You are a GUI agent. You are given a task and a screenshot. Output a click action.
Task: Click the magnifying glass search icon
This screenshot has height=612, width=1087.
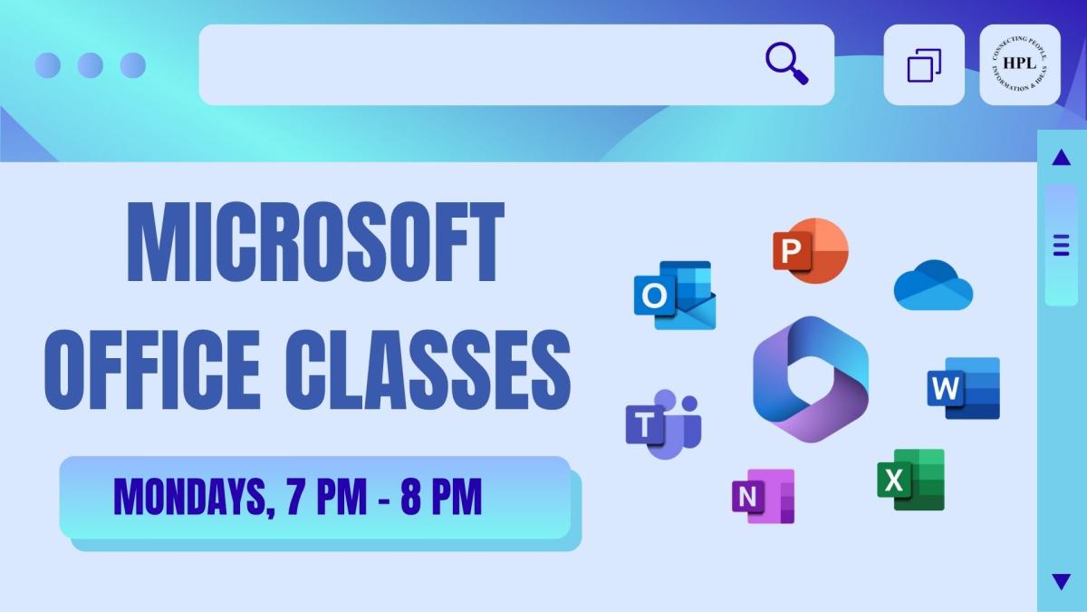point(786,64)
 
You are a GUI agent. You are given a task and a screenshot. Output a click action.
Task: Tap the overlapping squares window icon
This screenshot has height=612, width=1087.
point(924,64)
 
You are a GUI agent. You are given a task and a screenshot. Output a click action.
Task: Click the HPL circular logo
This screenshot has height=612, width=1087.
point(1020,64)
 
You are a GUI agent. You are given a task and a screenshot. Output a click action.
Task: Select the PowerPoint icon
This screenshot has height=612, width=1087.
point(810,251)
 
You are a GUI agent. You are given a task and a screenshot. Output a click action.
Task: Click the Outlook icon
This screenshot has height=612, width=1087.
point(674,296)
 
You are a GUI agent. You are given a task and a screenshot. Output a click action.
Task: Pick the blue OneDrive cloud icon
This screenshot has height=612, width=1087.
point(933,286)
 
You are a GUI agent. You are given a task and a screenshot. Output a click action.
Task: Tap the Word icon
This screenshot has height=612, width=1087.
point(963,388)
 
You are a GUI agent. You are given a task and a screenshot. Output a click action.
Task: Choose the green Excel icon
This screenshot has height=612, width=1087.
point(910,480)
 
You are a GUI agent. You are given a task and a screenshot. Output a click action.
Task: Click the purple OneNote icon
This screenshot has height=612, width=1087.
point(763,496)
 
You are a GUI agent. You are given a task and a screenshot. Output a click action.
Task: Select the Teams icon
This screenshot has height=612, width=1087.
point(662,425)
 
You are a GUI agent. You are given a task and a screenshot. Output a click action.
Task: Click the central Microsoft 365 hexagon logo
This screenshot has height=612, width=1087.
point(810,379)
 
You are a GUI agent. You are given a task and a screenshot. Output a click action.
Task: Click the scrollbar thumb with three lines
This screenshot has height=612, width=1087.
point(1061,245)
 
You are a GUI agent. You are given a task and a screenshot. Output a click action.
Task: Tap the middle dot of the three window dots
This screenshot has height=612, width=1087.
point(90,64)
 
